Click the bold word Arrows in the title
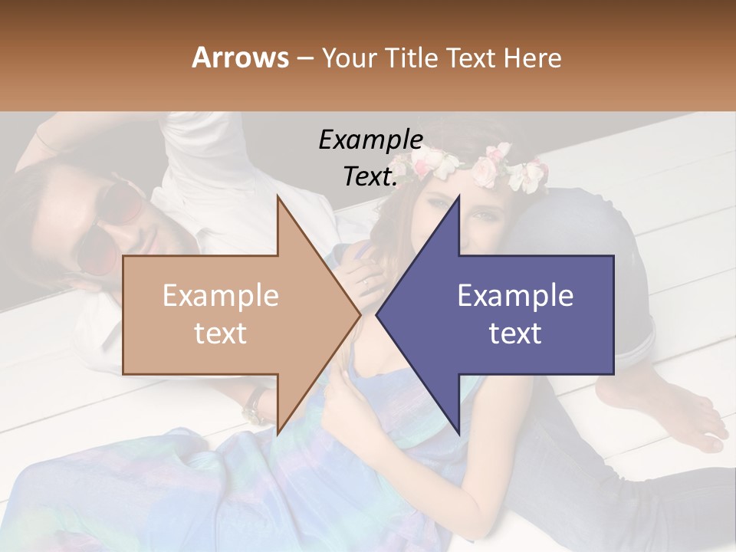click(x=241, y=58)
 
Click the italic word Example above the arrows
click(x=370, y=140)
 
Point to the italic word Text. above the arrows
click(x=370, y=176)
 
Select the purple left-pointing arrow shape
click(x=529, y=314)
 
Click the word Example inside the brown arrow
click(x=221, y=296)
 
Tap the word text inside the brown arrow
click(x=221, y=333)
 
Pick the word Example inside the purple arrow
click(x=515, y=296)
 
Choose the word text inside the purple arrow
click(x=515, y=333)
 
